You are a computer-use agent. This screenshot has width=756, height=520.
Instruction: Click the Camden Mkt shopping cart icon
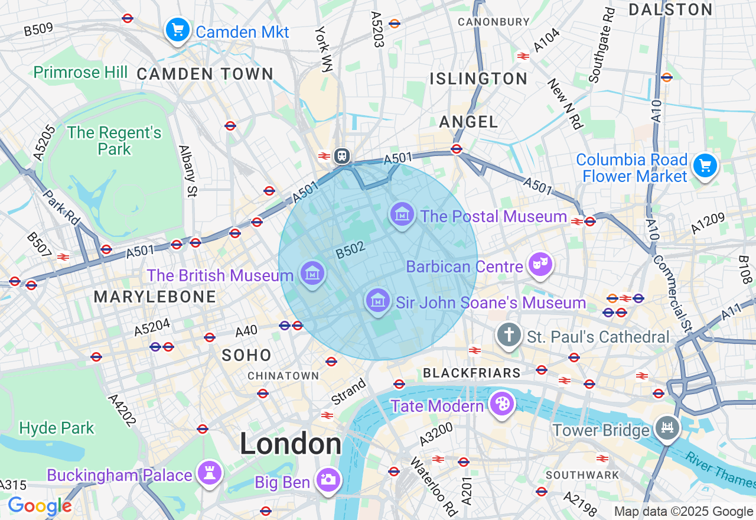pos(177,30)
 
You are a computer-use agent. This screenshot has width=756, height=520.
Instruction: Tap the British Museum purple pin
pos(312,273)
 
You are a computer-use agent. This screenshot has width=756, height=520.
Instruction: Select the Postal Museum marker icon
pos(402,214)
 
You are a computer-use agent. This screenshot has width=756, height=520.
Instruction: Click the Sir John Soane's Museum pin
pos(377,301)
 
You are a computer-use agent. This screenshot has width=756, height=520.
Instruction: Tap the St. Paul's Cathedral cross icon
pos(509,335)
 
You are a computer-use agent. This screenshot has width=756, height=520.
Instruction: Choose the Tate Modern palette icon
pos(502,404)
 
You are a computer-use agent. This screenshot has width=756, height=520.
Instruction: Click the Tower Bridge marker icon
pos(667,427)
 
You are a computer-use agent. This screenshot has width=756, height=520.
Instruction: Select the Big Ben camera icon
pos(328,480)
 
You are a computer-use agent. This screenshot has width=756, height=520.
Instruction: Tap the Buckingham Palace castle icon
pos(210,473)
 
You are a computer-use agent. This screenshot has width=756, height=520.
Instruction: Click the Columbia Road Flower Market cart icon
pos(705,165)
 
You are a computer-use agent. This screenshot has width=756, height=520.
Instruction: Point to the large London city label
pos(291,444)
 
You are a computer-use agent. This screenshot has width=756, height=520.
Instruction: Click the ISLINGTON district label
pos(478,79)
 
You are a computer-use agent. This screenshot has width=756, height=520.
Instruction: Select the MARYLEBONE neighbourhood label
pos(155,297)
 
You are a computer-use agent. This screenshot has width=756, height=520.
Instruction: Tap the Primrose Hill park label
pos(80,72)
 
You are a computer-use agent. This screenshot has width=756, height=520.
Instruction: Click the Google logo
pos(40,506)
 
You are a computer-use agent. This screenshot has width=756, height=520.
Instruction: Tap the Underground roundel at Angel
pos(456,149)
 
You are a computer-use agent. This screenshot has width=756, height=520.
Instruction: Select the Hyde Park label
pos(57,427)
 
